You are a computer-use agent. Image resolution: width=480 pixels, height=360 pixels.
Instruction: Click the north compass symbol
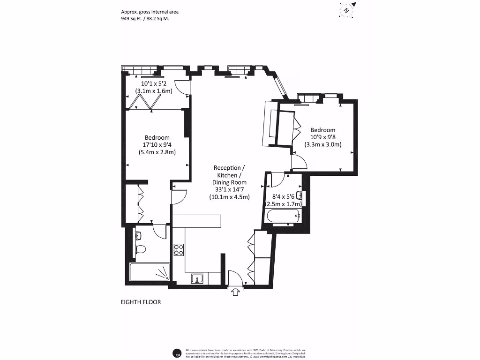[346, 10]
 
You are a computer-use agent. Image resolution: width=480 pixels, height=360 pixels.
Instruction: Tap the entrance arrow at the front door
[235, 292]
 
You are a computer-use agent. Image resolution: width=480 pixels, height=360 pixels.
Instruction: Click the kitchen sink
[197, 279]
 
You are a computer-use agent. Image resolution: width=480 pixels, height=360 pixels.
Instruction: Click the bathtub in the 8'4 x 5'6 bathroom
[282, 217]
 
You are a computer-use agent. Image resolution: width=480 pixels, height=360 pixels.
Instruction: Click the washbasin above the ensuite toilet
[139, 235]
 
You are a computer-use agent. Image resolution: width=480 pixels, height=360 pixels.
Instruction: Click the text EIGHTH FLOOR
[141, 302]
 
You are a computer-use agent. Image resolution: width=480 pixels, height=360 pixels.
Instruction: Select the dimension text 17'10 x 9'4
[157, 144]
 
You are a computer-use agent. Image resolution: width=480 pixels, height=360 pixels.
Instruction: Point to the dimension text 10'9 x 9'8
[323, 137]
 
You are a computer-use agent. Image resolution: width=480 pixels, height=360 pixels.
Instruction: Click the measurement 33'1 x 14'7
[229, 190]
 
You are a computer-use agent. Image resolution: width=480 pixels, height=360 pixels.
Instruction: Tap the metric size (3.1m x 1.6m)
[154, 91]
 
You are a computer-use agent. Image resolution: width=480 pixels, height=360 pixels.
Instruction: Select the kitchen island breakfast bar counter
[196, 221]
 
